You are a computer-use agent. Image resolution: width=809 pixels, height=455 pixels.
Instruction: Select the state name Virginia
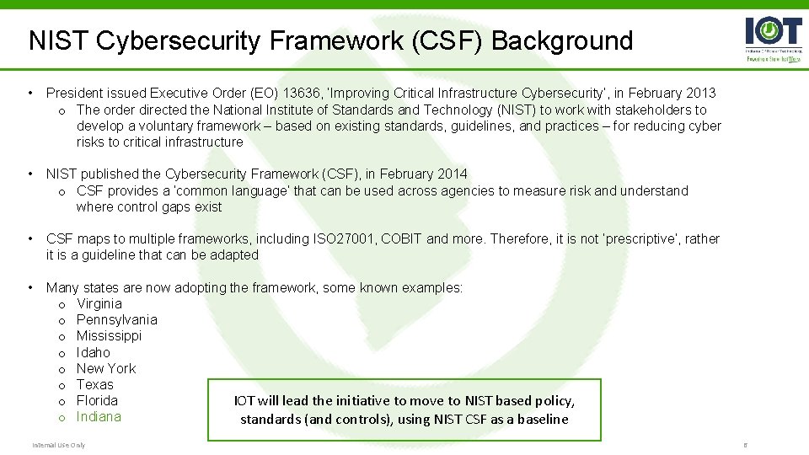pyautogui.click(x=99, y=303)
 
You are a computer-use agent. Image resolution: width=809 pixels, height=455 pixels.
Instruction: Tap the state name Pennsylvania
pyautogui.click(x=116, y=319)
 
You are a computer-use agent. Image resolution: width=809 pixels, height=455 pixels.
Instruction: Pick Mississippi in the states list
pyautogui.click(x=109, y=335)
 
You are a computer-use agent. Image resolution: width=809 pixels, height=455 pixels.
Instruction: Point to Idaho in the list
pyautogui.click(x=93, y=352)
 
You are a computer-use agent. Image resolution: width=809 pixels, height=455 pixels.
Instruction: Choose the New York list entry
pyautogui.click(x=105, y=368)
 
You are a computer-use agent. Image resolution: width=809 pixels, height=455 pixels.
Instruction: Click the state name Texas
pyautogui.click(x=94, y=384)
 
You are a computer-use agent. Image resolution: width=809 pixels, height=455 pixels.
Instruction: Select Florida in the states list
pyautogui.click(x=97, y=400)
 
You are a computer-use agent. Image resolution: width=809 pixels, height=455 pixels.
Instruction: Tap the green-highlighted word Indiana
pyautogui.click(x=99, y=416)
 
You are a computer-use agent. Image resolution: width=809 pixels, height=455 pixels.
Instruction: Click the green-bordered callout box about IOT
pyautogui.click(x=404, y=409)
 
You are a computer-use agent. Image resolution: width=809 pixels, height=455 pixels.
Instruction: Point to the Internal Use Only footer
pyautogui.click(x=59, y=445)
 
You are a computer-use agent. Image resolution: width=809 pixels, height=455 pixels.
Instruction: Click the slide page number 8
pyautogui.click(x=744, y=445)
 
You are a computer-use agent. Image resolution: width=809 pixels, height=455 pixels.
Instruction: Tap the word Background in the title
pyautogui.click(x=562, y=40)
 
